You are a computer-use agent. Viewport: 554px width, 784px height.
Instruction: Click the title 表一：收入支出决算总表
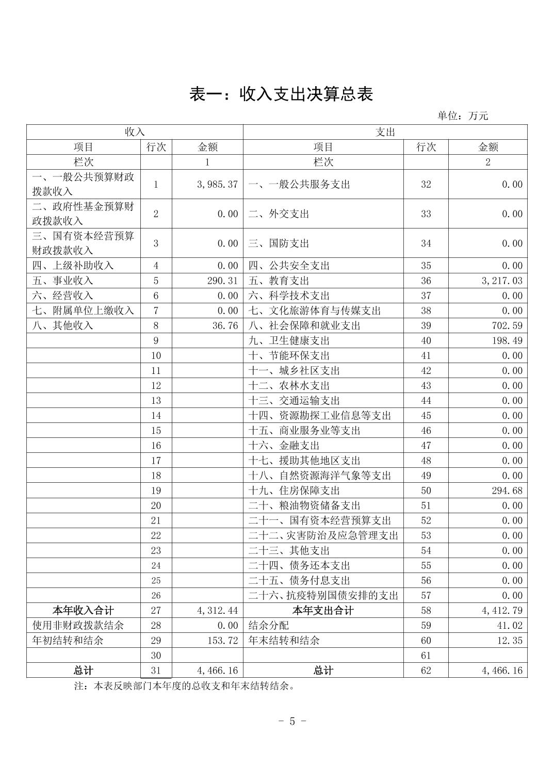point(281,94)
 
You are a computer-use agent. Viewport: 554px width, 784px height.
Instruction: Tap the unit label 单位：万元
point(463,116)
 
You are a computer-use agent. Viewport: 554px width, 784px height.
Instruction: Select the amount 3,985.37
point(217,184)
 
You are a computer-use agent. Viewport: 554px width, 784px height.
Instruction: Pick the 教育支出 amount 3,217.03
point(502,281)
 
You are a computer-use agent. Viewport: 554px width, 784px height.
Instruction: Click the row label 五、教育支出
point(279,281)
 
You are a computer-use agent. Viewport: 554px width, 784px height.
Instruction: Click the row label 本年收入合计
point(83,611)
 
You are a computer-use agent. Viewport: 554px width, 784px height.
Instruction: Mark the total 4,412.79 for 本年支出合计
point(502,611)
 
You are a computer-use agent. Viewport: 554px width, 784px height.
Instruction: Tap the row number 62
point(426,671)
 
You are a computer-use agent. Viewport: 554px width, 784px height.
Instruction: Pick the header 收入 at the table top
point(135,132)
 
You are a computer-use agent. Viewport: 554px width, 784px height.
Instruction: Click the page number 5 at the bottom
point(292,721)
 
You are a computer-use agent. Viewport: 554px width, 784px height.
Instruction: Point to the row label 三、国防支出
point(279,243)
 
